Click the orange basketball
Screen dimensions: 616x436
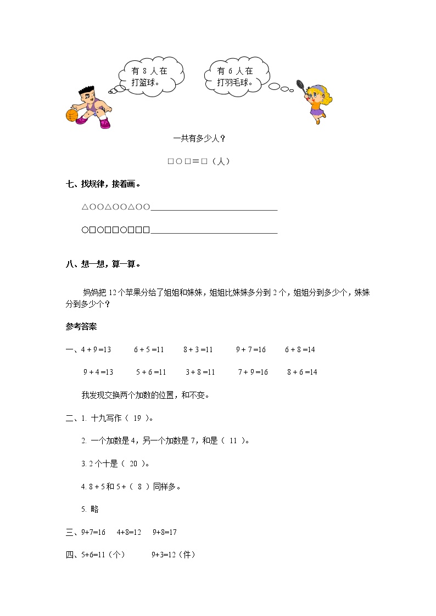[71, 115]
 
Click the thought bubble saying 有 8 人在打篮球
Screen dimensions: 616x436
[149, 77]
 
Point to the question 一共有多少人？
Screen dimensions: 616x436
[199, 139]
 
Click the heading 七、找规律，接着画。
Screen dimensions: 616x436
[103, 184]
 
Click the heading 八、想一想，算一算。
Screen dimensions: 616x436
[103, 264]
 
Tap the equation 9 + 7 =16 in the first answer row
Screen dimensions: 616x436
[251, 349]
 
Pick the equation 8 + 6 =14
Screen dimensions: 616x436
[302, 372]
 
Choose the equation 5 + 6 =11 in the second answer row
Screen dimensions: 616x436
[151, 372]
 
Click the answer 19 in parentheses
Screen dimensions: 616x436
[137, 418]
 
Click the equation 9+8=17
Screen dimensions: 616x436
[165, 532]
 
